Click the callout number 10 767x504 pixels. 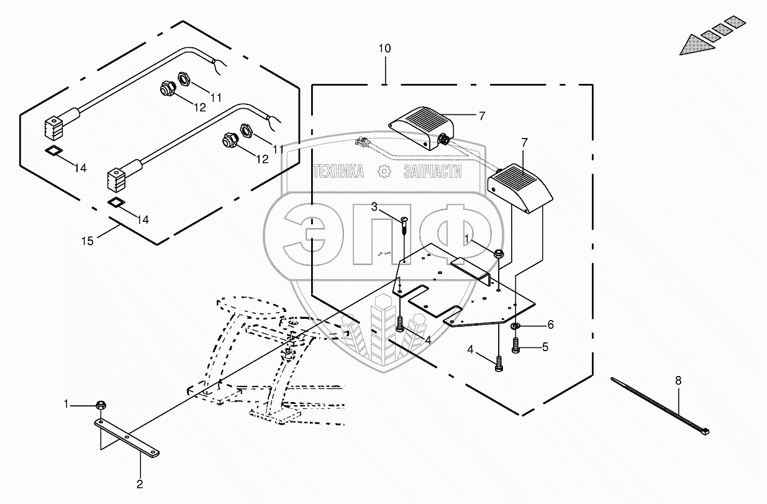coord(385,48)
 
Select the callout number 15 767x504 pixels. coord(89,240)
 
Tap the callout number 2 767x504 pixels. coord(140,483)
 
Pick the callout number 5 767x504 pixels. coord(545,347)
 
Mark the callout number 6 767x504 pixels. coord(550,324)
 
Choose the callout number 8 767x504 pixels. coord(678,380)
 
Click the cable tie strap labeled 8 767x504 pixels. coord(658,404)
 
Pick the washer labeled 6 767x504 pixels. coord(516,326)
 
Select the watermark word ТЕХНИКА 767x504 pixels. coord(339,172)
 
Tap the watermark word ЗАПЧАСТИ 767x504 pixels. coord(432,172)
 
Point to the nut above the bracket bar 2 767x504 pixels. coord(101,406)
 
